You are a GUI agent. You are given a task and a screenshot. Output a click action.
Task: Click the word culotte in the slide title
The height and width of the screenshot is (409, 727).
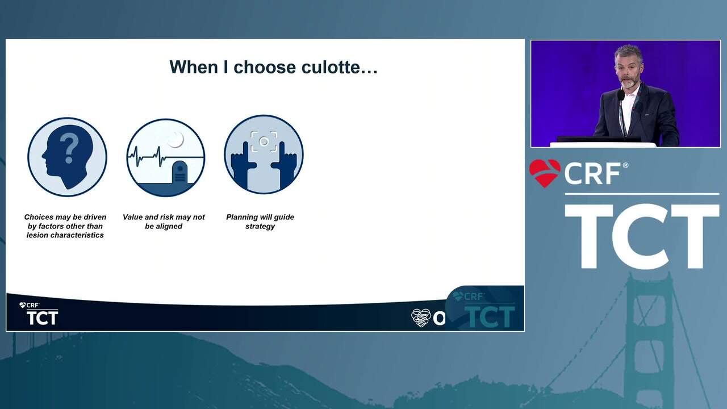340,67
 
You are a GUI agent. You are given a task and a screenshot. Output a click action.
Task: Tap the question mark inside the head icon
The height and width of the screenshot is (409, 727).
69,148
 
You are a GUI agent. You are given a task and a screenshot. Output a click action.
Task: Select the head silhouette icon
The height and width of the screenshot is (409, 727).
67,157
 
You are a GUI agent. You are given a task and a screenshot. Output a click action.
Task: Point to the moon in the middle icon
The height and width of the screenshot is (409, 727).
176,140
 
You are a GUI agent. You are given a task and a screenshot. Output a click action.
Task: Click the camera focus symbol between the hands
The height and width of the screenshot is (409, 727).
264,141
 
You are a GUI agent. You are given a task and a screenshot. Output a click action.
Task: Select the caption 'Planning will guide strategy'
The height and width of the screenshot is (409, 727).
260,222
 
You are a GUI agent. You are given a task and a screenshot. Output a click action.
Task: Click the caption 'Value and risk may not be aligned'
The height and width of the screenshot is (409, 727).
164,222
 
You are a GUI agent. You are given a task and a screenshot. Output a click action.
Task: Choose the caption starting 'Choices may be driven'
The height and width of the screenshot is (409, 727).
65,226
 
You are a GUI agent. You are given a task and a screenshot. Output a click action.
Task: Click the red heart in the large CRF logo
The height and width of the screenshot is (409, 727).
545,173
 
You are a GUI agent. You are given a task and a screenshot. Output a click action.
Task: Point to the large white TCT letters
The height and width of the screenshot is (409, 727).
642,236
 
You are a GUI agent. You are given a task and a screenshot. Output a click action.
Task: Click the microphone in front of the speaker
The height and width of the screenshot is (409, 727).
620,95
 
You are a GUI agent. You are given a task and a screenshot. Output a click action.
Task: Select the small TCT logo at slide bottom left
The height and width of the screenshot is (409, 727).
39,314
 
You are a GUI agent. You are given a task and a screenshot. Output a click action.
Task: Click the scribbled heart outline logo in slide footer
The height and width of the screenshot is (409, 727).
421,318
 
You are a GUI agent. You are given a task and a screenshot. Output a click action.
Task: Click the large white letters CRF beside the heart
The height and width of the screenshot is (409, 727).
592,174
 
